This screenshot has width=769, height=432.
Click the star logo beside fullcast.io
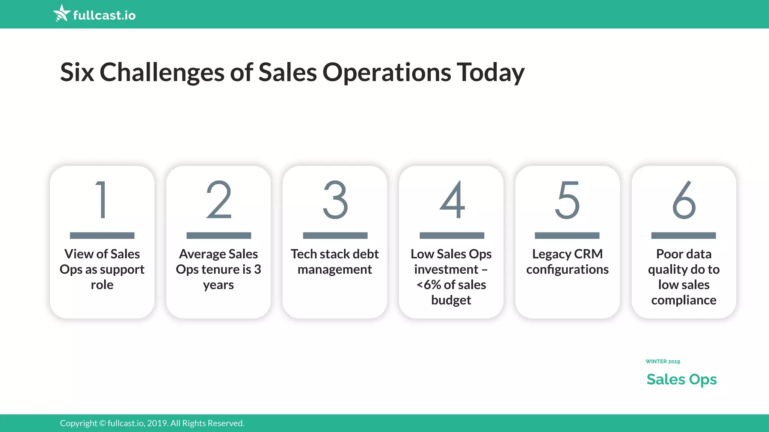62,13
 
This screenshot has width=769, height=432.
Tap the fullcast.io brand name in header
104,15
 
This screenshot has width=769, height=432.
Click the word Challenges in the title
162,72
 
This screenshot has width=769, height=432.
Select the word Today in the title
490,72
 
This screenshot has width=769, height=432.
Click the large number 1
102,199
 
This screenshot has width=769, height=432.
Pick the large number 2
219,199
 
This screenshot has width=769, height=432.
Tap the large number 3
335,199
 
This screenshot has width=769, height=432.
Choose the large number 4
452,199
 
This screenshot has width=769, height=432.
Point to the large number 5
567,199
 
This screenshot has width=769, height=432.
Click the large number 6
684,199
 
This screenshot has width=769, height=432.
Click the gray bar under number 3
335,235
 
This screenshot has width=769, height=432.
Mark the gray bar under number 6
683,235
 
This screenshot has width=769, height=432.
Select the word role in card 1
102,285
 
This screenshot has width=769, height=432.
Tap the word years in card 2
219,285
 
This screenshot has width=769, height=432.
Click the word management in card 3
335,270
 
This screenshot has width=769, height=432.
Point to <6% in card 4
428,285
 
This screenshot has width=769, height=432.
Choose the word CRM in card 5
588,254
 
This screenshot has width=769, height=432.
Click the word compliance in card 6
684,300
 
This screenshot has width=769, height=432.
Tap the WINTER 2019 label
663,361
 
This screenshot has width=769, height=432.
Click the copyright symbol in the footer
103,423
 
